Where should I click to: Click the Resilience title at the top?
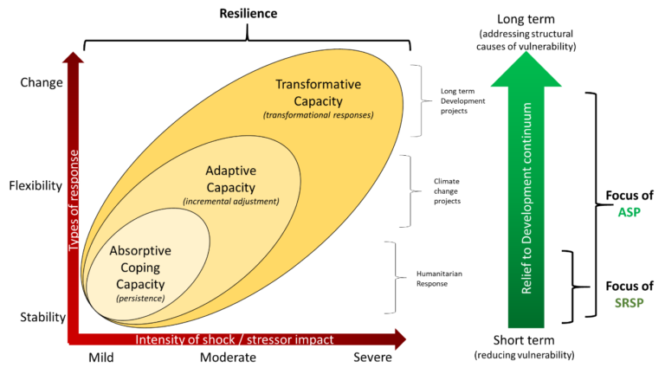point(249,14)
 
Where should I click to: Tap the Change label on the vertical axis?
point(42,82)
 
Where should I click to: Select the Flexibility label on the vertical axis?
point(36,186)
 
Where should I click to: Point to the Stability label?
point(42,317)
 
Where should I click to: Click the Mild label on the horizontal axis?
point(101,358)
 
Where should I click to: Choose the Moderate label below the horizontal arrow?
point(228,358)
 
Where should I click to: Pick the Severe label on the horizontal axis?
point(372,358)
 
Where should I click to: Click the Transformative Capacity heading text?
point(319,93)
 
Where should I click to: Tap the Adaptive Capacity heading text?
point(230,179)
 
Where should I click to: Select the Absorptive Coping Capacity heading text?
point(140,268)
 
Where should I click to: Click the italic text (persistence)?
point(140,299)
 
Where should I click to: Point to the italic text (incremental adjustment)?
point(231,202)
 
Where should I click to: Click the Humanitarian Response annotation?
point(439,279)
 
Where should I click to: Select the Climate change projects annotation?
point(447,190)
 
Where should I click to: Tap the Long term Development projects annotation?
point(462,101)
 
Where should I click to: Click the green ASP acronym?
point(629,212)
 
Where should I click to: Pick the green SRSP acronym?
point(629,303)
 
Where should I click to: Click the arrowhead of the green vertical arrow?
point(526,69)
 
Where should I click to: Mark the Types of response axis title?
point(74,200)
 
